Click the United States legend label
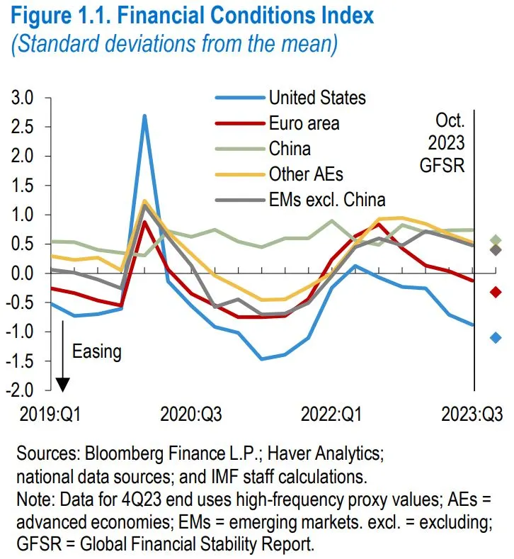click(317, 97)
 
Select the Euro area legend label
click(304, 123)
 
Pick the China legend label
click(290, 149)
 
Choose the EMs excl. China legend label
click(327, 200)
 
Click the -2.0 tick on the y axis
click(20, 390)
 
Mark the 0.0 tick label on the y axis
click(23, 273)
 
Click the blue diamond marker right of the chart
click(496, 338)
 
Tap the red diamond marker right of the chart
click(496, 292)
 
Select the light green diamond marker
click(496, 241)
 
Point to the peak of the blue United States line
click(144, 115)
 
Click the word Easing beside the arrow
click(96, 351)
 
